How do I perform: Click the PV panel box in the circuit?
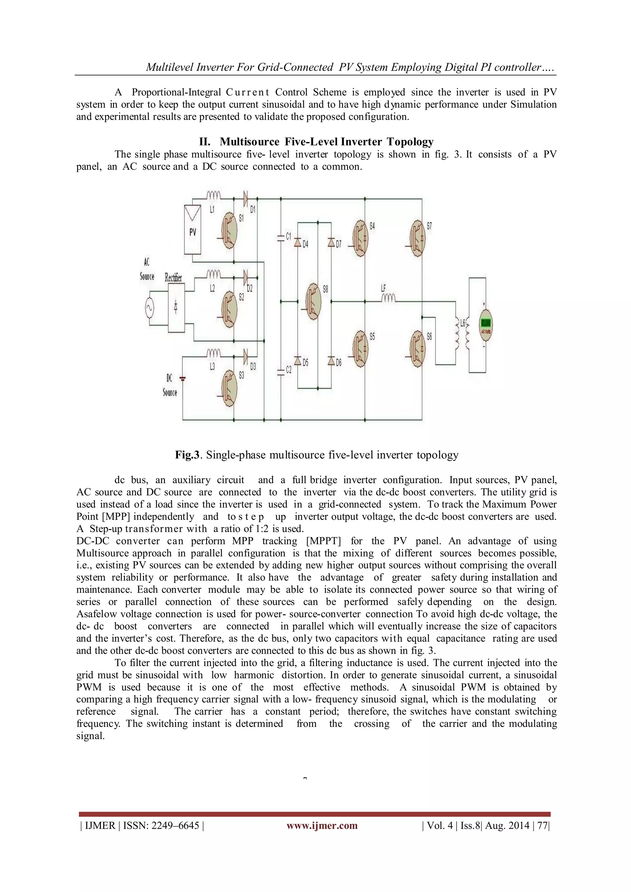point(193,230)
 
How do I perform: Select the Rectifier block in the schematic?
point(176,307)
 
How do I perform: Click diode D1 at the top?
point(245,198)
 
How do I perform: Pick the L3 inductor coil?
point(213,353)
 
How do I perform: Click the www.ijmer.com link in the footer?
point(322,825)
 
